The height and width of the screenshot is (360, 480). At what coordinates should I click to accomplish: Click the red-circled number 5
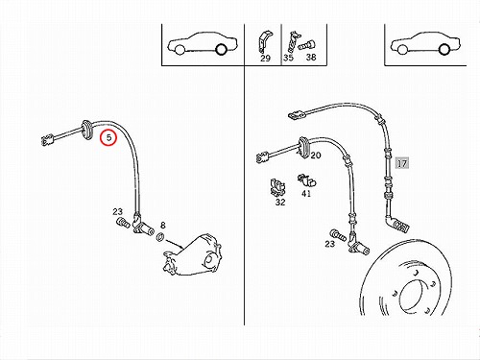pos(108,137)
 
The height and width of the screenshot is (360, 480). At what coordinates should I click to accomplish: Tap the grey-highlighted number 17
pos(402,163)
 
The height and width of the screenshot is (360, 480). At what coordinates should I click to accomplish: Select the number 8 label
pos(163,226)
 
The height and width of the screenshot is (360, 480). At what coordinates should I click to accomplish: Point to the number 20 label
pos(316,156)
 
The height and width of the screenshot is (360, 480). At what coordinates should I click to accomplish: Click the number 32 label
pos(280,203)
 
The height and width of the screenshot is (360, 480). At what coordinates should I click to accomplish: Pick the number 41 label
pos(306,193)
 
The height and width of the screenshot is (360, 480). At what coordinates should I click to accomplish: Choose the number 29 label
pos(265,59)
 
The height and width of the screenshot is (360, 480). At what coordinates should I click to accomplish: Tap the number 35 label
pos(288,58)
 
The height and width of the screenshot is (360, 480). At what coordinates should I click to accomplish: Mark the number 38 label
pos(311,58)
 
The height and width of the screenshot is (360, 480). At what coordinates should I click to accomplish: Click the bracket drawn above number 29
pos(263,41)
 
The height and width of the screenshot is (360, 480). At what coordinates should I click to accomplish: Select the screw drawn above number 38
pos(306,46)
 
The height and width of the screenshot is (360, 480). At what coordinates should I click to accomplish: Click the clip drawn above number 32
pos(277,186)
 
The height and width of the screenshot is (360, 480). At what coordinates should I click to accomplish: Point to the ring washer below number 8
pos(160,237)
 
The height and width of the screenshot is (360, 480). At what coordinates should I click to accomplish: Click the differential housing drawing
pos(193,255)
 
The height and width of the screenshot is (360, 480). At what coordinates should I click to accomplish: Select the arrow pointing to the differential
pos(175,243)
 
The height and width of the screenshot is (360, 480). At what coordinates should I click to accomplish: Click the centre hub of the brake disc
pos(415,296)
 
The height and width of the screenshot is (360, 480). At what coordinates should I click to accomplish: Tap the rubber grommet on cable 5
pos(87,130)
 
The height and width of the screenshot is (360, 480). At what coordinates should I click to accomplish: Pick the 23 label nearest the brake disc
pos(330,244)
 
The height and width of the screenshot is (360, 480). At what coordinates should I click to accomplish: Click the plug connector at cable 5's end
pos(47,140)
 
